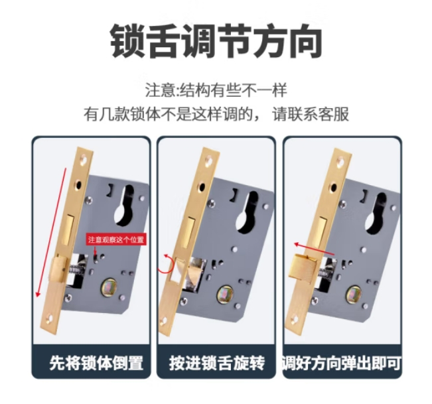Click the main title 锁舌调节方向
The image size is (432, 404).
[216, 41]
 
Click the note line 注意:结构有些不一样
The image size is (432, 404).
[216, 90]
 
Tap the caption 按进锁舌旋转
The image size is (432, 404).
[216, 364]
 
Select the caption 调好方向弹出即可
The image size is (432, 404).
[342, 364]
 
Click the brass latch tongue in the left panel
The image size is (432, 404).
[60, 271]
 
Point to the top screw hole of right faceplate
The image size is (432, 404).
[340, 159]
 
